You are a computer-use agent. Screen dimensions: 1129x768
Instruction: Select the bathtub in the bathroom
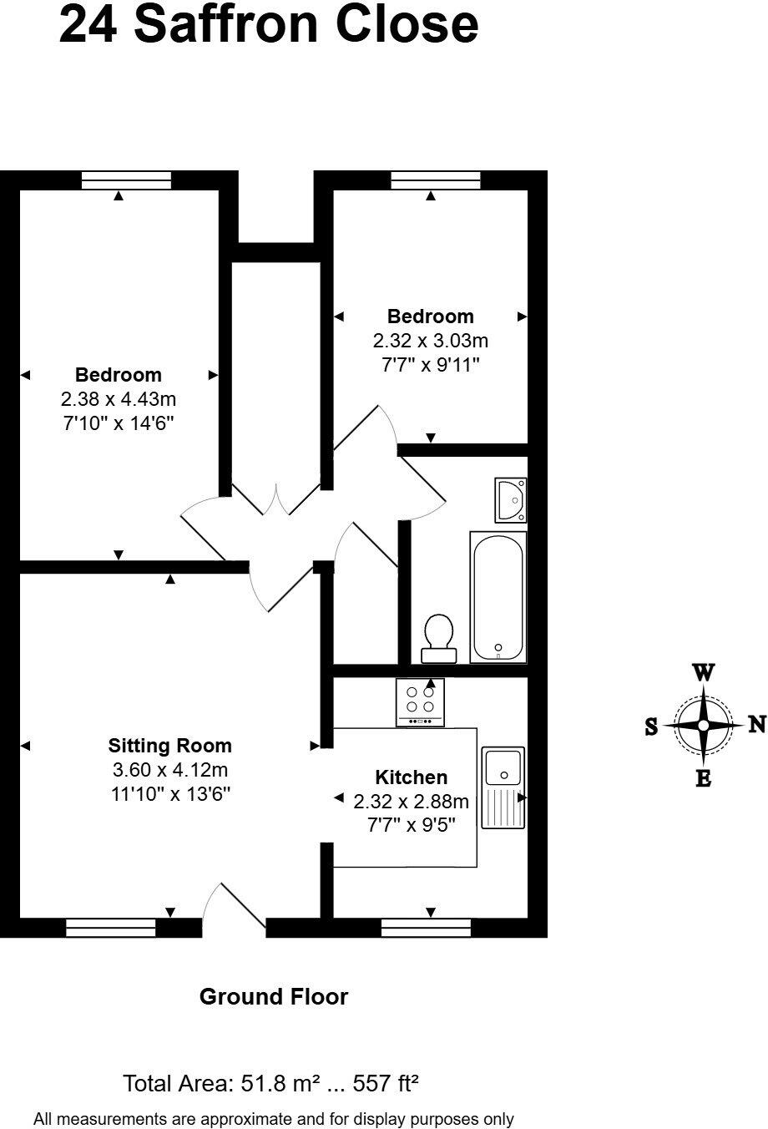click(498, 596)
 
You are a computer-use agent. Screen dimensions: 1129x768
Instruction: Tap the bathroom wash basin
click(510, 499)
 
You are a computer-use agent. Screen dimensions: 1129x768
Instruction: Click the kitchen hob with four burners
click(420, 701)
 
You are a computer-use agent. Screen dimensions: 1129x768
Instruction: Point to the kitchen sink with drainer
click(503, 786)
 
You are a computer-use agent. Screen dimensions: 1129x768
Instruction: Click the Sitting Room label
click(170, 746)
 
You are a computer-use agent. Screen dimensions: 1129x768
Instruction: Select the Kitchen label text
click(411, 777)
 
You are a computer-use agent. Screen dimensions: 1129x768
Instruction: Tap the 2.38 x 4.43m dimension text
click(119, 399)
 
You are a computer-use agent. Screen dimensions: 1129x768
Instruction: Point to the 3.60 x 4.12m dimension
click(170, 770)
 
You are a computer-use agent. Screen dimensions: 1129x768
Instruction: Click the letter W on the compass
click(704, 672)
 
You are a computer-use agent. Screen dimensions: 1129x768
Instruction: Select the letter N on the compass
click(756, 724)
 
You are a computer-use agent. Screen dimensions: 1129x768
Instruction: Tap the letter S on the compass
click(651, 727)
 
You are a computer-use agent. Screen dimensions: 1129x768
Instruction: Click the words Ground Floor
click(273, 996)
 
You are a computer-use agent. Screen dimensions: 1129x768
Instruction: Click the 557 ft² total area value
click(386, 1084)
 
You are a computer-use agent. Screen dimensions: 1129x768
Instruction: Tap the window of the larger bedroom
click(127, 180)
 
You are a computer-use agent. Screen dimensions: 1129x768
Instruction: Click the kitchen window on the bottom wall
click(426, 927)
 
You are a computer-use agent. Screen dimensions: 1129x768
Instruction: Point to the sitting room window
click(111, 927)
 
